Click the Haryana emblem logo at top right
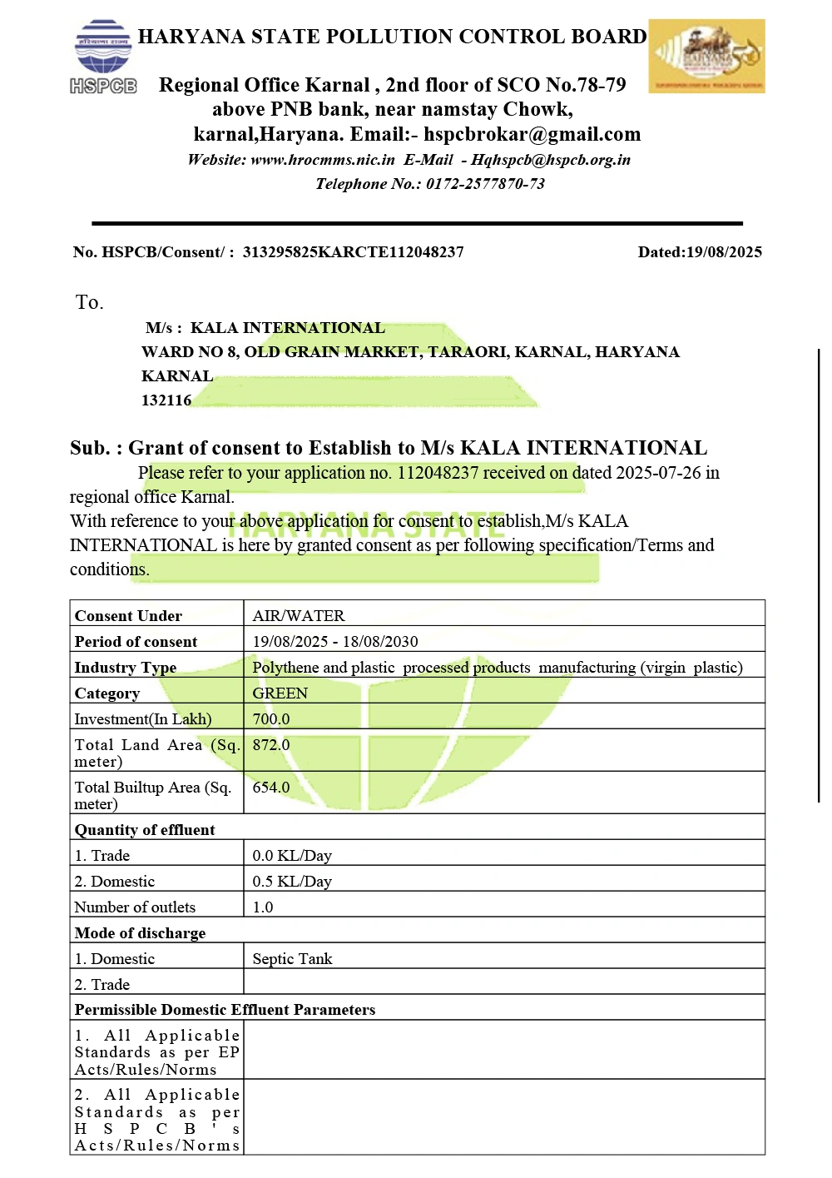(x=706, y=56)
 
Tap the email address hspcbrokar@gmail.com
(x=532, y=135)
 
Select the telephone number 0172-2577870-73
(x=485, y=184)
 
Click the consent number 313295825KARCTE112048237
(x=353, y=252)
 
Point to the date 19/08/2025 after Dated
(x=724, y=252)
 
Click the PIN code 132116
(x=166, y=400)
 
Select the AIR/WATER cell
(x=299, y=616)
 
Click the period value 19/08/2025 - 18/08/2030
(x=335, y=642)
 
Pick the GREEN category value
(x=280, y=693)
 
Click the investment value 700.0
(x=271, y=719)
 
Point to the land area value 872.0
(x=271, y=745)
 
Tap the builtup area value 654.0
(x=271, y=788)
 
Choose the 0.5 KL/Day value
(x=292, y=882)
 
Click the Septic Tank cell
(x=292, y=959)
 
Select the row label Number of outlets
(x=135, y=907)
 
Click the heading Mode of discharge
(x=140, y=933)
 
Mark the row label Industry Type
(x=126, y=668)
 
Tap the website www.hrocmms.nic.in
(x=323, y=160)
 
